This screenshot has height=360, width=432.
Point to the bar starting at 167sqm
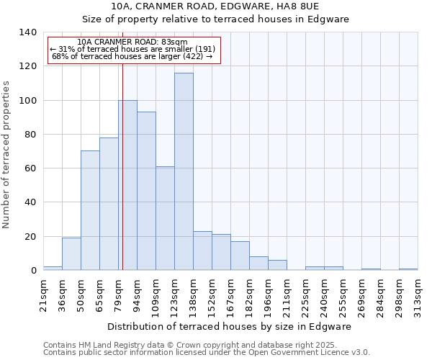click(240, 256)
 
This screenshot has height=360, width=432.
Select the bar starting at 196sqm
click(277, 265)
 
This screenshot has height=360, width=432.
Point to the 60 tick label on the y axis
click(30, 168)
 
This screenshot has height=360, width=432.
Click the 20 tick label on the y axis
click(30, 236)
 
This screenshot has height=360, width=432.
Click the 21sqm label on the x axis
click(43, 292)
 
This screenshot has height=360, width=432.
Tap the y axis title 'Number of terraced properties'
click(7, 154)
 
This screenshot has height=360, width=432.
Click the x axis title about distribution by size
click(233, 326)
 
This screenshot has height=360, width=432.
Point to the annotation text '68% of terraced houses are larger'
click(132, 56)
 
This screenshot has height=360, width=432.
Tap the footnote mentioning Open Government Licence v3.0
click(207, 353)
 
